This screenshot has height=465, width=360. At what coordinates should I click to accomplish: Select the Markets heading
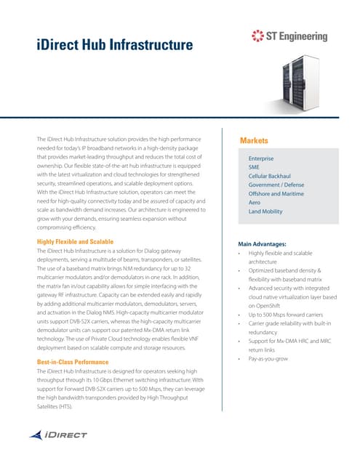pyautogui.click(x=255, y=140)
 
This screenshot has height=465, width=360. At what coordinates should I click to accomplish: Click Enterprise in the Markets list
pyautogui.click(x=260, y=158)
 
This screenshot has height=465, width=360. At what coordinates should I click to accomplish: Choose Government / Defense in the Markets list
pyautogui.click(x=276, y=185)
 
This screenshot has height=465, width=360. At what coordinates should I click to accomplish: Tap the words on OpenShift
pyautogui.click(x=266, y=306)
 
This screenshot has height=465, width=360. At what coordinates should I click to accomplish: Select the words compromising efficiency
pyautogui.click(x=71, y=226)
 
